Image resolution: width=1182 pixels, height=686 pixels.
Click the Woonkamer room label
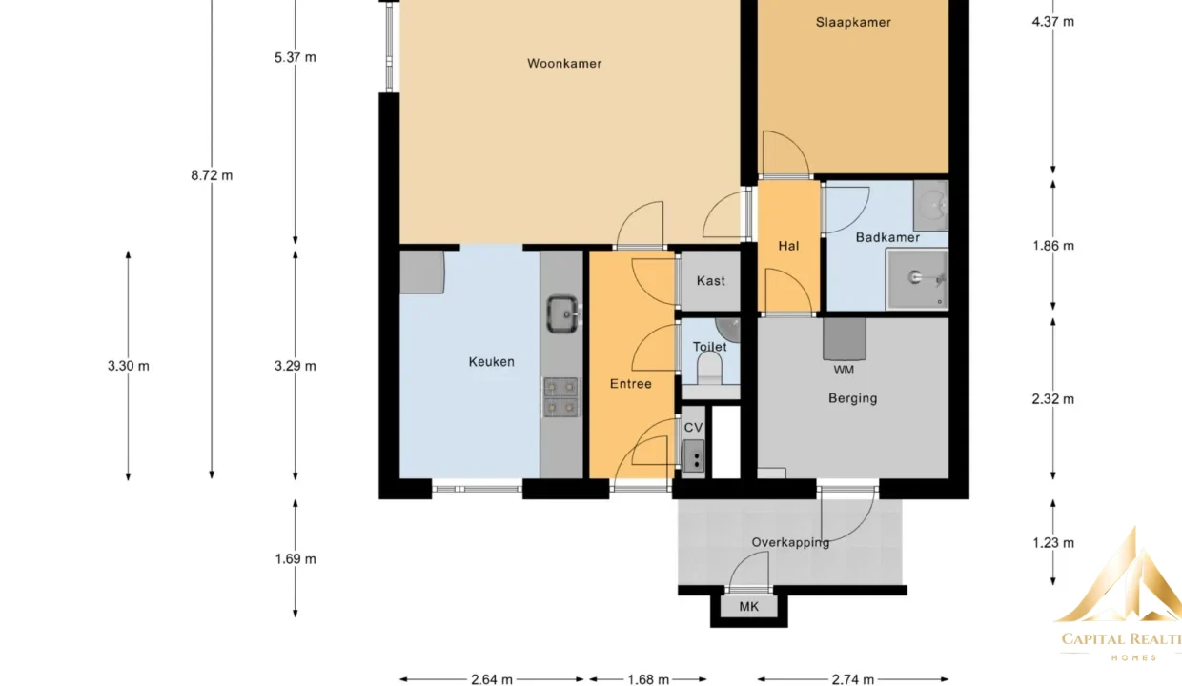click(x=564, y=63)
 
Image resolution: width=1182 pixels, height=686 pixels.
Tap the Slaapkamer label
click(x=853, y=22)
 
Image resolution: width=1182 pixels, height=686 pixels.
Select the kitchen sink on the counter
click(x=562, y=314)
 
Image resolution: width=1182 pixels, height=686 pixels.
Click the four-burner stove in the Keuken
click(x=560, y=397)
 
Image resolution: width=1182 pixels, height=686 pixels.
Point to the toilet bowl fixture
click(x=709, y=368)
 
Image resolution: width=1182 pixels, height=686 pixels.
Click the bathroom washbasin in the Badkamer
click(x=931, y=205)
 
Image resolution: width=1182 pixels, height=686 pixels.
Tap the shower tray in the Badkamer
click(x=917, y=279)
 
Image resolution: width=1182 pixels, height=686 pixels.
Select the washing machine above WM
click(x=845, y=339)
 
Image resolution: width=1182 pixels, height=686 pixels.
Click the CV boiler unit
click(x=693, y=456)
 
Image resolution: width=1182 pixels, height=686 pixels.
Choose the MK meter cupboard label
click(x=749, y=606)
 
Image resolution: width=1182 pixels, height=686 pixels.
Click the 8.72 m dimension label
click(x=212, y=175)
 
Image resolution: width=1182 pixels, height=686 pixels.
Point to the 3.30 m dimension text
click(x=129, y=366)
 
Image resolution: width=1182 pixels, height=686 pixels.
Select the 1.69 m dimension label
click(x=295, y=558)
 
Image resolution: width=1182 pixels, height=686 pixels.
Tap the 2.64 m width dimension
click(x=491, y=679)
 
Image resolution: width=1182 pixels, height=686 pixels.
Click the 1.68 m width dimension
click(x=648, y=679)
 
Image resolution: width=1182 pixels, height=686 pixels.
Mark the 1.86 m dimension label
click(x=1053, y=246)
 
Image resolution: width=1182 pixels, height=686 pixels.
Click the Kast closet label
click(x=711, y=280)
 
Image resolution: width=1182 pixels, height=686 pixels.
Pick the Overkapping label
click(x=790, y=542)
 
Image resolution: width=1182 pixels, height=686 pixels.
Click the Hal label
click(x=788, y=246)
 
